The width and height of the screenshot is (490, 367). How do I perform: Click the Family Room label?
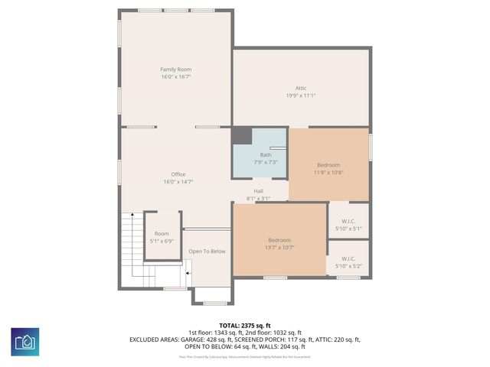pyautogui.click(x=175, y=70)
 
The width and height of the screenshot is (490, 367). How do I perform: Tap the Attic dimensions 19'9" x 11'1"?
pyautogui.click(x=301, y=96)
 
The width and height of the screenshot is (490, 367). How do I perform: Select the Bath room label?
pyautogui.click(x=265, y=155)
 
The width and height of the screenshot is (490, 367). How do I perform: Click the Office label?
pyautogui.click(x=178, y=174)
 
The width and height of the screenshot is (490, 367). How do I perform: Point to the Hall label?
pyautogui.click(x=259, y=191)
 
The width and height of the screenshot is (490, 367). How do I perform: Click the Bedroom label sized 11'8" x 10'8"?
pyautogui.click(x=328, y=164)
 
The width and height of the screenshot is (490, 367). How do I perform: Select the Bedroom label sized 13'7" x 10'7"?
pyautogui.click(x=279, y=240)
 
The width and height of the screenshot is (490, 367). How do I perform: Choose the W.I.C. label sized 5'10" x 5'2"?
pyautogui.click(x=348, y=258)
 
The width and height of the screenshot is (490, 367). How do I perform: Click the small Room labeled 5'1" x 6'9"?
pyautogui.click(x=162, y=234)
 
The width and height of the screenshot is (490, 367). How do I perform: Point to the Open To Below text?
pyautogui.click(x=207, y=252)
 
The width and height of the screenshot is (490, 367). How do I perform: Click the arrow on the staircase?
pyautogui.click(x=188, y=271)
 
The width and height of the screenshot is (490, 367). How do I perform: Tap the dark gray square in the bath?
pyautogui.click(x=242, y=136)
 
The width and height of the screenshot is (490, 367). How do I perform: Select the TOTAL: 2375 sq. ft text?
pyautogui.click(x=245, y=326)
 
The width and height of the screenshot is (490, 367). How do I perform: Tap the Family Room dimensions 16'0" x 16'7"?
pyautogui.click(x=175, y=77)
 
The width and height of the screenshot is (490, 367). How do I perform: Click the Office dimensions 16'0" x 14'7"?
pyautogui.click(x=178, y=182)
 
